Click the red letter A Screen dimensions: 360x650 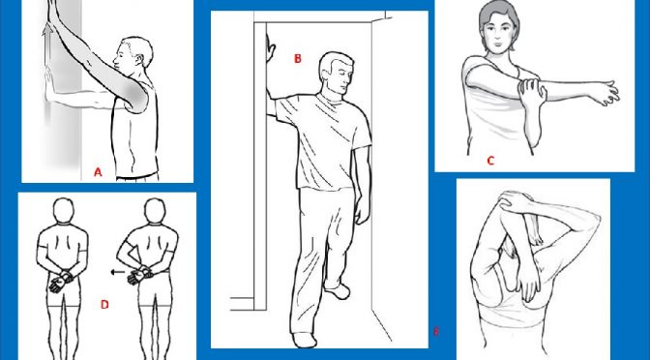point(98,172)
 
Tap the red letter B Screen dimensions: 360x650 point(298,59)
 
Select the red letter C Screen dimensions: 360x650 point(490,161)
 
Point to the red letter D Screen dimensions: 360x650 point(103,306)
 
